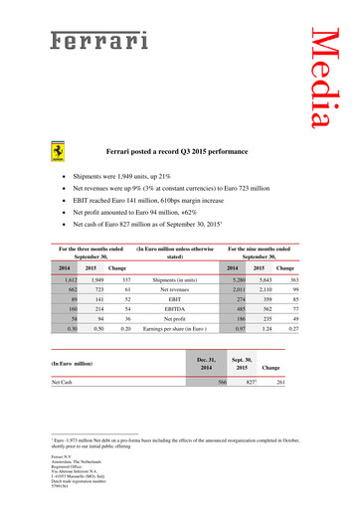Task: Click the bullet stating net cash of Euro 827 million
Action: click(164, 226)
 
